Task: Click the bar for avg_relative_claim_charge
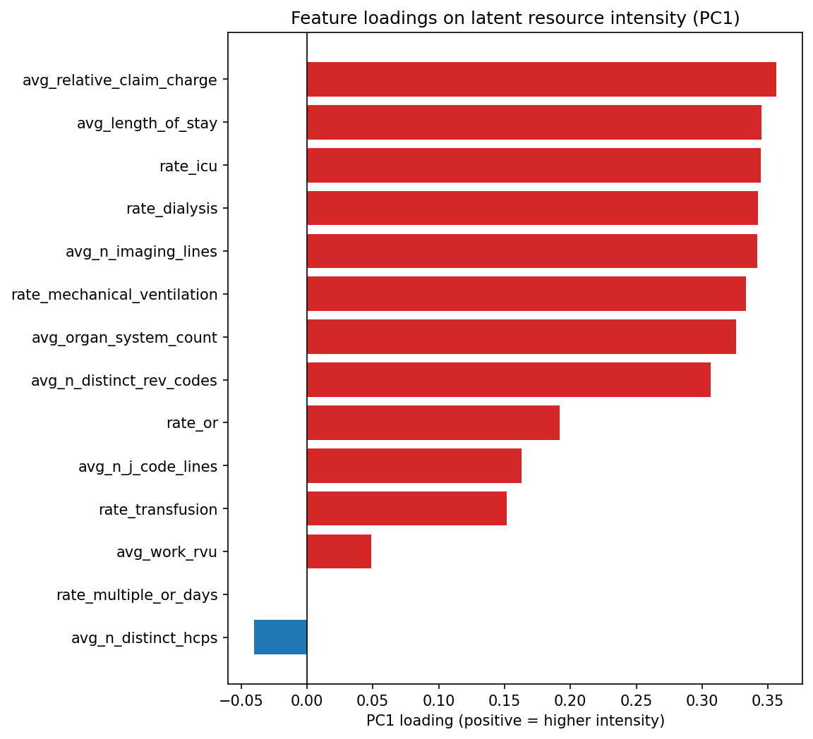pos(541,80)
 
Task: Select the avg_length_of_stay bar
pos(534,123)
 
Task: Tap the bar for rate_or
pos(433,423)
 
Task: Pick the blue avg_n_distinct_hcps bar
pos(280,637)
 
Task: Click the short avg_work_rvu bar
pos(339,551)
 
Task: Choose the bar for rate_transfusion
pos(406,509)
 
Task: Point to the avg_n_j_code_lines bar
pos(414,466)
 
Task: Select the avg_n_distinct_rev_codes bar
pos(509,380)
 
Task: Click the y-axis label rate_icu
pos(188,166)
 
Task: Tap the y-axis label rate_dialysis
pos(171,209)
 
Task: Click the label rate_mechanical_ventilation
pos(114,295)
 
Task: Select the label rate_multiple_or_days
pos(137,595)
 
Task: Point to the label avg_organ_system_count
pos(124,338)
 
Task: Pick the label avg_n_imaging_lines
pos(141,252)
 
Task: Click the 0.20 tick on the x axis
pos(570,700)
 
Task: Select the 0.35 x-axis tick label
pos(768,700)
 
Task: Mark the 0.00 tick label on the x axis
pos(307,700)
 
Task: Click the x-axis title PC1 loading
pos(515,721)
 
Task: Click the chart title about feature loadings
pos(515,18)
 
